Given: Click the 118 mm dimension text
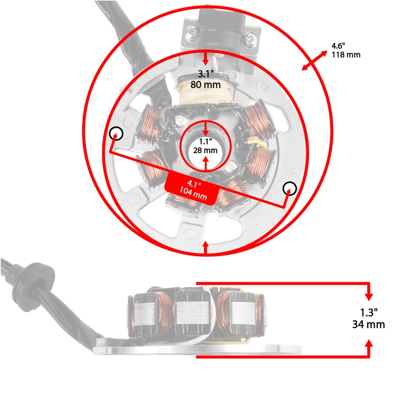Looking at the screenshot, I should [346, 54].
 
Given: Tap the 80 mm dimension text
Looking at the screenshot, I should [206, 84].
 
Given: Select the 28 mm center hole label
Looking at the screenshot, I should [205, 150].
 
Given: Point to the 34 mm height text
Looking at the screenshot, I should [369, 324].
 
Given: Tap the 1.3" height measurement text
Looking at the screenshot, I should [369, 313].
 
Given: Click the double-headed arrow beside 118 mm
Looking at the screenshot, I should [315, 59].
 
